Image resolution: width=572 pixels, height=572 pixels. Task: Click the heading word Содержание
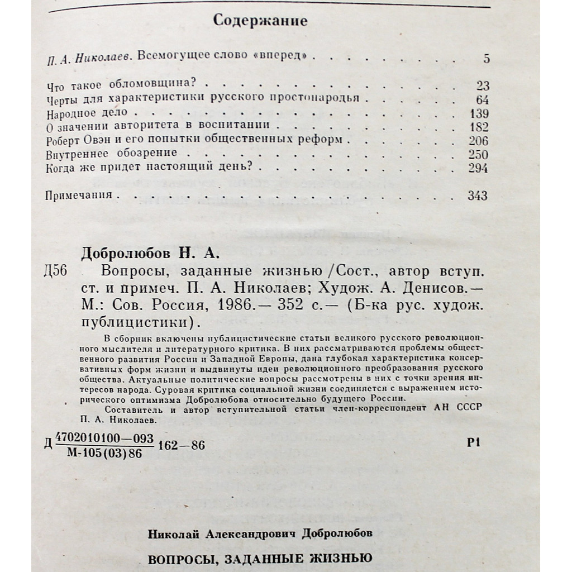coord(260,22)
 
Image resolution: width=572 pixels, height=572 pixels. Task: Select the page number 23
coord(483,86)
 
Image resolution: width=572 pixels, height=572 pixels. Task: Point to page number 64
coord(483,100)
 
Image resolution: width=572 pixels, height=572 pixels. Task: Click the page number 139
coord(479,113)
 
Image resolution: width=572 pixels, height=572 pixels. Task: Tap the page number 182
coord(479,127)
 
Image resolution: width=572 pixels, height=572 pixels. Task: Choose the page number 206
coord(479,141)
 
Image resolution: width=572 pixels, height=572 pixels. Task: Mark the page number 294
coord(479,168)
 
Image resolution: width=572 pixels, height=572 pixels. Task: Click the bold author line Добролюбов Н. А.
coord(151,254)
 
